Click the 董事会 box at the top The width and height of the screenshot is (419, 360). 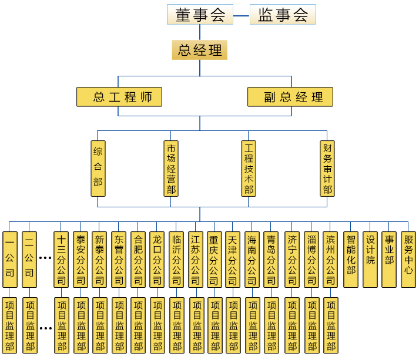point(200,15)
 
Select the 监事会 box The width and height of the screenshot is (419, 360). point(283,15)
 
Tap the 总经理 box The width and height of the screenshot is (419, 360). point(199,50)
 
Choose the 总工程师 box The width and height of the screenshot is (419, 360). point(119,97)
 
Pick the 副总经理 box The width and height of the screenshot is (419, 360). point(290,97)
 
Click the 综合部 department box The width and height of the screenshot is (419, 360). point(98,168)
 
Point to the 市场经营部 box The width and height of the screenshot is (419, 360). point(171,168)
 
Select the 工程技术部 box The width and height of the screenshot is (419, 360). point(249,168)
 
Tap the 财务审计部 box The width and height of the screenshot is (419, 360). point(327,168)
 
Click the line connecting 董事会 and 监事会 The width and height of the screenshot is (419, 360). point(240,15)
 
